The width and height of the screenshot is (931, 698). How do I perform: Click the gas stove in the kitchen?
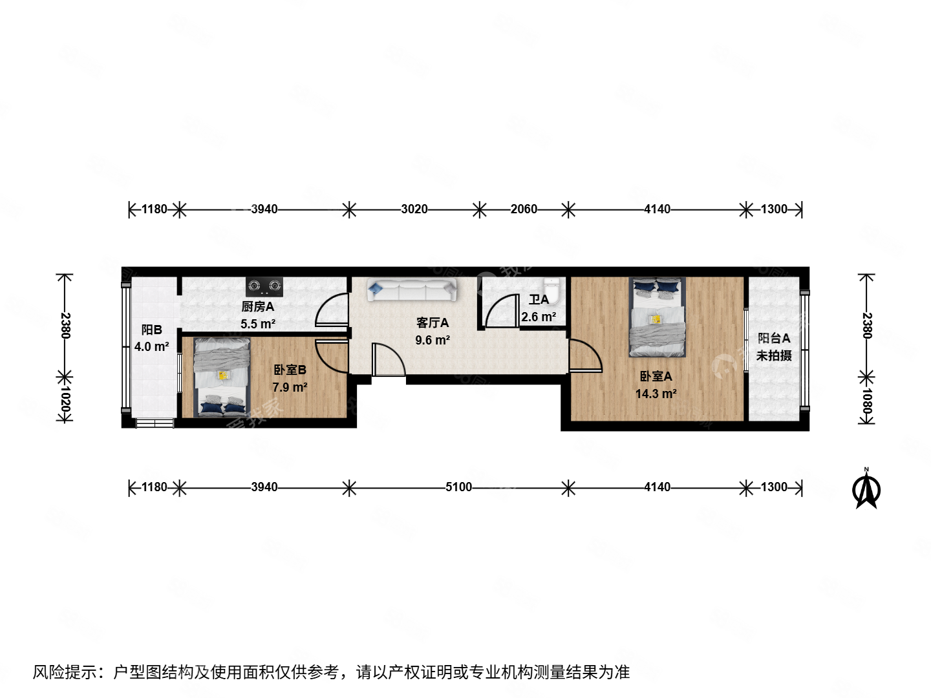pos(264,286)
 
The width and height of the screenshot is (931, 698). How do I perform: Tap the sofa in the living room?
pos(412,290)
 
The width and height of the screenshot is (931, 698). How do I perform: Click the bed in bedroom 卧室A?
pos(657,317)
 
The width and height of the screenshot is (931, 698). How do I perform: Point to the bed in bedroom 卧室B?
pos(222,377)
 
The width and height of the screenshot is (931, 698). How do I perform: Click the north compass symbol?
pos(866,491)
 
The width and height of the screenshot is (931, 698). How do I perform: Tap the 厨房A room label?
pos(258,307)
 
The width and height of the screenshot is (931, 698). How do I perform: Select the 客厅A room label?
pos(432,323)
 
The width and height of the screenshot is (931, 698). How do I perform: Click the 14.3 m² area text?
pos(656,394)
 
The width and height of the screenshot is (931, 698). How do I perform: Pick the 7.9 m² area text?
pos(290,387)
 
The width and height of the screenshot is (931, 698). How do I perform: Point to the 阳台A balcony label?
pos(774,338)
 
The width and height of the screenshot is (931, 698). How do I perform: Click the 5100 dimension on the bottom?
pos(458,487)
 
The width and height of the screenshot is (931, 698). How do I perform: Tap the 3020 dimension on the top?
pos(414,209)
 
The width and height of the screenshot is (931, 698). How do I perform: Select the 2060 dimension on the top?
pos(524,209)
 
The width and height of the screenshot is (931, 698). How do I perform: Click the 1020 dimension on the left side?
pos(65,400)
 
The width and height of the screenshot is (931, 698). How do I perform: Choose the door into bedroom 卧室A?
pos(584,355)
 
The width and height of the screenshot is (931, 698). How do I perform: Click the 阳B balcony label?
pos(152,330)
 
